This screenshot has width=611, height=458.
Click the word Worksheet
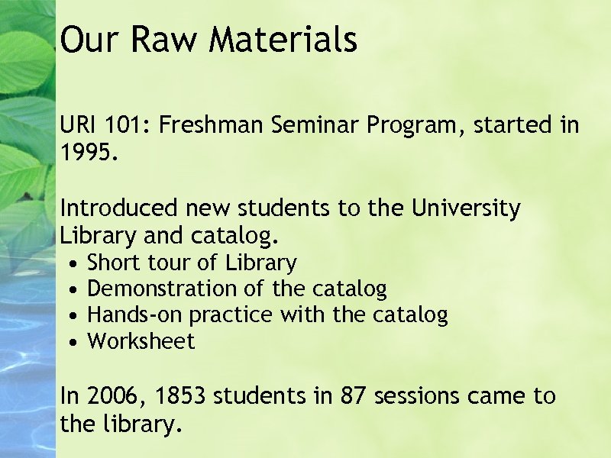point(141,341)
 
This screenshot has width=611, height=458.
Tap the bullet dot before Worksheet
point(71,342)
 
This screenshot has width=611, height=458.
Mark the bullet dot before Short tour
point(71,264)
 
